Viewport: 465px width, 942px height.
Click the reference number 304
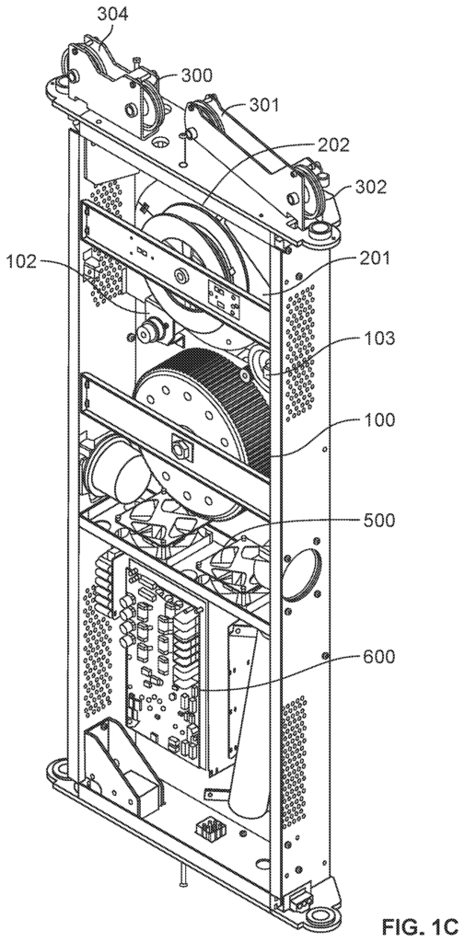113,15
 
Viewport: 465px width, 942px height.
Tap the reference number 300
196,75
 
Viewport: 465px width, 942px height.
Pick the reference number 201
375,258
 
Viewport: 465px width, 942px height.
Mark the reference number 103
379,339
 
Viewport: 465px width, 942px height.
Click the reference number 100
379,419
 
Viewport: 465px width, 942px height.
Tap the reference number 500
379,521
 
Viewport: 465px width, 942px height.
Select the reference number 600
379,657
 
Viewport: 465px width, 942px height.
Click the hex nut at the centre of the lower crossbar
178,448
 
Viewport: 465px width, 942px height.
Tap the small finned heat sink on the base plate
208,830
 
